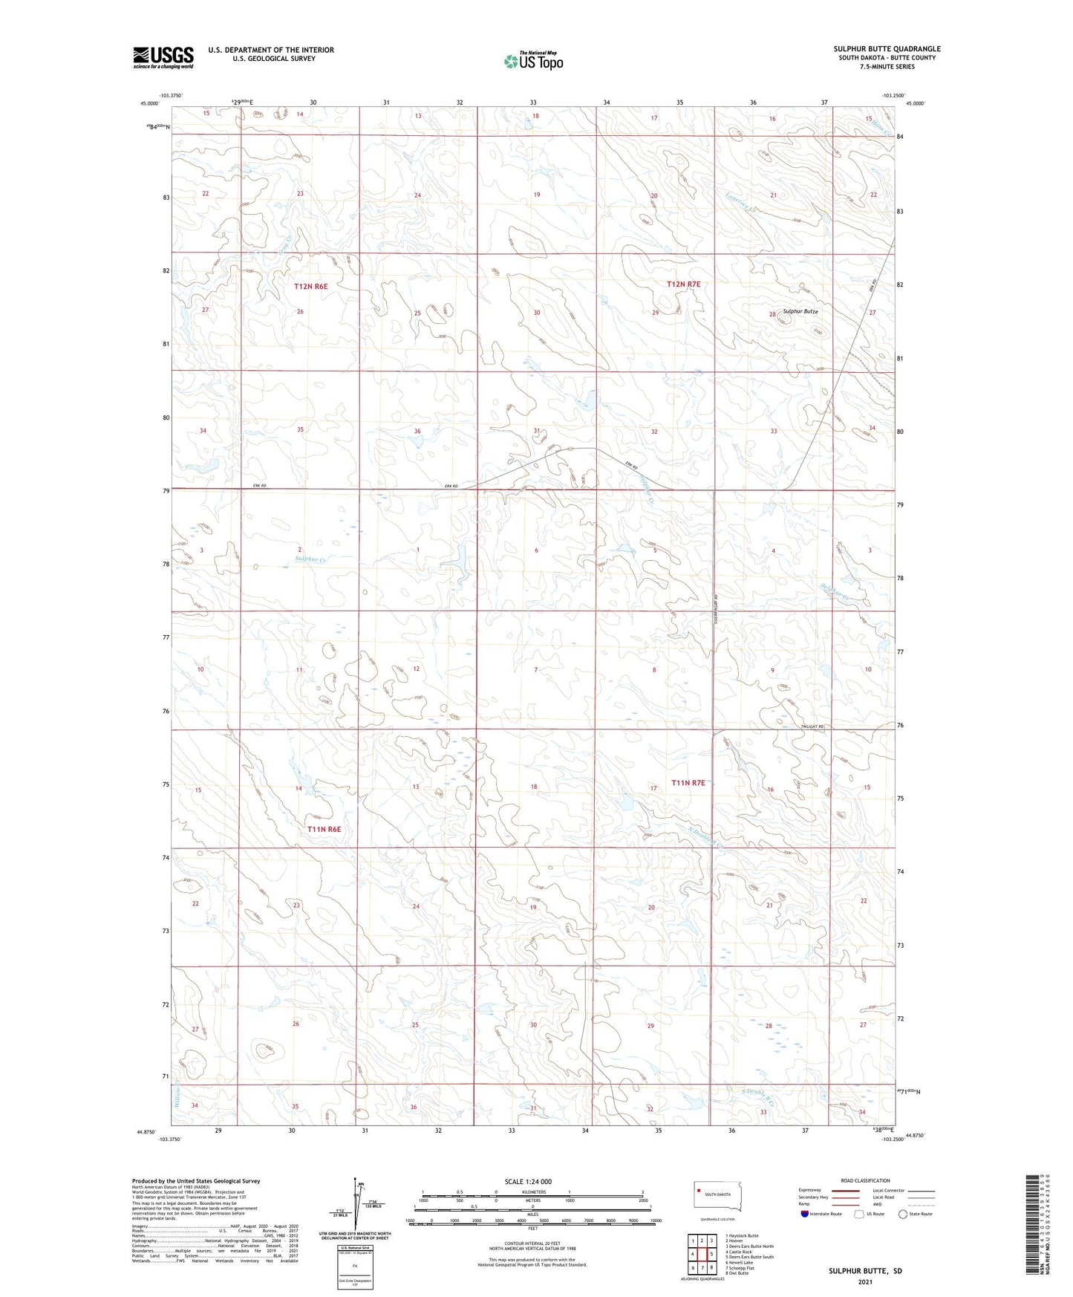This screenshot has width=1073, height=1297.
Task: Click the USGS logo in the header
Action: point(163,57)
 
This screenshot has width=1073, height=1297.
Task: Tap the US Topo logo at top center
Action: point(532,61)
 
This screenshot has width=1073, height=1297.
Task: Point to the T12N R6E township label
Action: point(310,286)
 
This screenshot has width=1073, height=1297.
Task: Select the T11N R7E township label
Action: point(688,782)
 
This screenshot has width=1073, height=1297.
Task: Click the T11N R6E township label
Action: point(324,828)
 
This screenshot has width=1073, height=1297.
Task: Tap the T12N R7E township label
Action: point(683,285)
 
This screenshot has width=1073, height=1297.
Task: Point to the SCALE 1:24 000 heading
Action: point(528,1181)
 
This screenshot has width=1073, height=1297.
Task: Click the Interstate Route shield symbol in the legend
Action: point(805,1214)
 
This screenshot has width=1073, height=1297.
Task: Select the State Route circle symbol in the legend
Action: point(903,1214)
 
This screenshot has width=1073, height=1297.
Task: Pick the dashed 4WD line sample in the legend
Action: point(921,1204)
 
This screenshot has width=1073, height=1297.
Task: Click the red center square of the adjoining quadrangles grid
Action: point(702,1253)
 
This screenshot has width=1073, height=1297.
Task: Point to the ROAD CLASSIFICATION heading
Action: point(865,1180)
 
